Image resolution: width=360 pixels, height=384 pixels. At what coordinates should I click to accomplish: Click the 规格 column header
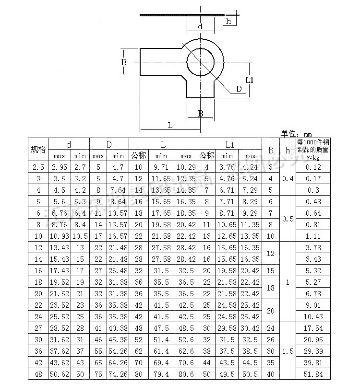(x=38, y=150)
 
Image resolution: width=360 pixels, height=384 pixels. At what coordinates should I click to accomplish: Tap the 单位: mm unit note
(x=296, y=134)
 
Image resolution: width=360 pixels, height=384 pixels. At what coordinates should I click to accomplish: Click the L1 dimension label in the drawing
(x=250, y=80)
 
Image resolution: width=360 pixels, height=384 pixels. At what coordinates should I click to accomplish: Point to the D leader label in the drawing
(x=239, y=89)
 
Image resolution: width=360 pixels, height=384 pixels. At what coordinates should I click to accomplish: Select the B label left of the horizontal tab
(x=123, y=62)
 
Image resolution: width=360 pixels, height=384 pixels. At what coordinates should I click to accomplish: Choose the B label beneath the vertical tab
(x=200, y=114)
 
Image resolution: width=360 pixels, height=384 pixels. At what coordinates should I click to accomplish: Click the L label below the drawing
(x=170, y=125)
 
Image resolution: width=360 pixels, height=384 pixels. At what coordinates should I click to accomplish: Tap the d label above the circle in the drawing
(x=200, y=27)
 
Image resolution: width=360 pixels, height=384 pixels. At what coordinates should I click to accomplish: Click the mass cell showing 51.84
(x=313, y=374)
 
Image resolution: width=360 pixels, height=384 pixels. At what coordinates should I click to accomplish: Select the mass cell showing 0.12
(x=313, y=167)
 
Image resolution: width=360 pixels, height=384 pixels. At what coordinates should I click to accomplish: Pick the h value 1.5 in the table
(x=288, y=351)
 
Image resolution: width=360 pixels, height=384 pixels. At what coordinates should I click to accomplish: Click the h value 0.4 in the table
(x=288, y=178)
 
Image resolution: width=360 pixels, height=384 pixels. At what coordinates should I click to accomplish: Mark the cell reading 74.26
(x=118, y=374)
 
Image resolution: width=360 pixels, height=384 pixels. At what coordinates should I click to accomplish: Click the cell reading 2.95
(x=59, y=167)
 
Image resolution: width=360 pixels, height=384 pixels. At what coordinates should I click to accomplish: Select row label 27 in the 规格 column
(x=38, y=328)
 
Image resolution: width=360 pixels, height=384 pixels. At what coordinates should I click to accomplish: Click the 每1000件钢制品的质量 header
(x=313, y=149)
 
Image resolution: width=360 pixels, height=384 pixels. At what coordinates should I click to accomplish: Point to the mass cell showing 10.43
(x=313, y=316)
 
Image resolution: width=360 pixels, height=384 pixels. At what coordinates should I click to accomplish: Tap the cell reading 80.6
(x=186, y=374)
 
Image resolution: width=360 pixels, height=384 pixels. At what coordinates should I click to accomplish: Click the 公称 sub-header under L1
(x=207, y=155)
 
